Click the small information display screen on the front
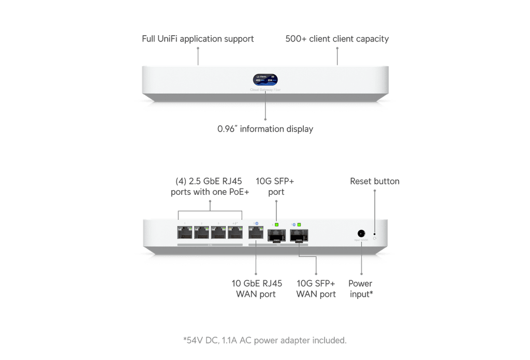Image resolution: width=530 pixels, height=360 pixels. pos(265,79)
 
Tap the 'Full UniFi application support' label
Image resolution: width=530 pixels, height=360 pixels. pos(198,39)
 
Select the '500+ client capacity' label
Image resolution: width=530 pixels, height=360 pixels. pos(337,39)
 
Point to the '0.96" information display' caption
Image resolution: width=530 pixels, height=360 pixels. pos(265,129)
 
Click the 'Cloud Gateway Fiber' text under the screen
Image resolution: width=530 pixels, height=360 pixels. pos(265,90)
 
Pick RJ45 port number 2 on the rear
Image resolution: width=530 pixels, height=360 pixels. pos(202,233)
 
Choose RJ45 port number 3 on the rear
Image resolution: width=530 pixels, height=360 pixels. pos(218,233)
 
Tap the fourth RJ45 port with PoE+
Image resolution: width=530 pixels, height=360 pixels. pos(235,233)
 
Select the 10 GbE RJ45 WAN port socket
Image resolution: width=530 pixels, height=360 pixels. pos(256,233)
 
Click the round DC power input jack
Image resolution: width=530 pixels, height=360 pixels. pos(361,234)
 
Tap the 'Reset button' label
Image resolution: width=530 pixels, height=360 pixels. pos(375,181)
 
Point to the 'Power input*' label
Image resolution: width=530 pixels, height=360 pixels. pos(361,289)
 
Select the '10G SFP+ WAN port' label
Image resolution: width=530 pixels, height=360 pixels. pos(316,289)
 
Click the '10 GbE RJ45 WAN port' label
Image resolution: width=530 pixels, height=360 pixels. pos(256,289)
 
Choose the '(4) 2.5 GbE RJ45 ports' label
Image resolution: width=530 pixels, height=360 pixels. pos(210,186)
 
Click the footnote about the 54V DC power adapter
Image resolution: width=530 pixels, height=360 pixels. pos(264,340)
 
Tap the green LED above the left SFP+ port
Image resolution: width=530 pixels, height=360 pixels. pos(276,225)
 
